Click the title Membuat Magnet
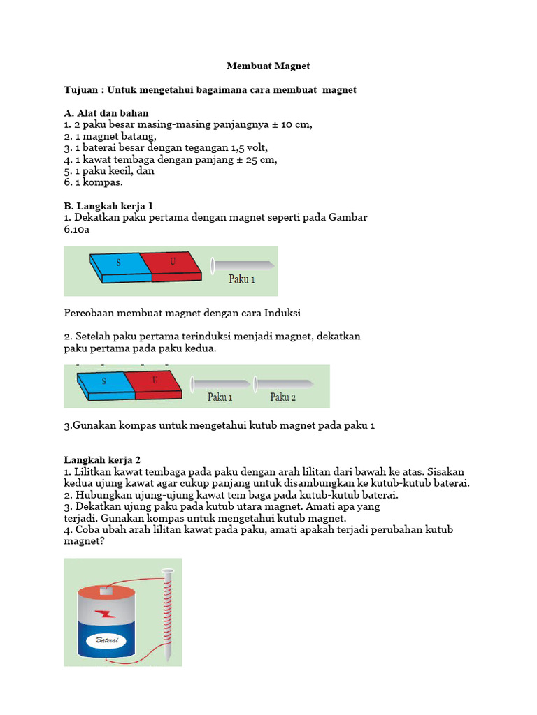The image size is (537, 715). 268,66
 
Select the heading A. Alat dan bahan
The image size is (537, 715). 106,113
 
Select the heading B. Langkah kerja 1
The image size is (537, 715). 108,206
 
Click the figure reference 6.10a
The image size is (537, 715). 77,229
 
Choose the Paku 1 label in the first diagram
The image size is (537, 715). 242,279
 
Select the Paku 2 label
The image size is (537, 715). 283,397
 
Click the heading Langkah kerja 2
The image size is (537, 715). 103,460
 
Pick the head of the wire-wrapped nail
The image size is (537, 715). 166,571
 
